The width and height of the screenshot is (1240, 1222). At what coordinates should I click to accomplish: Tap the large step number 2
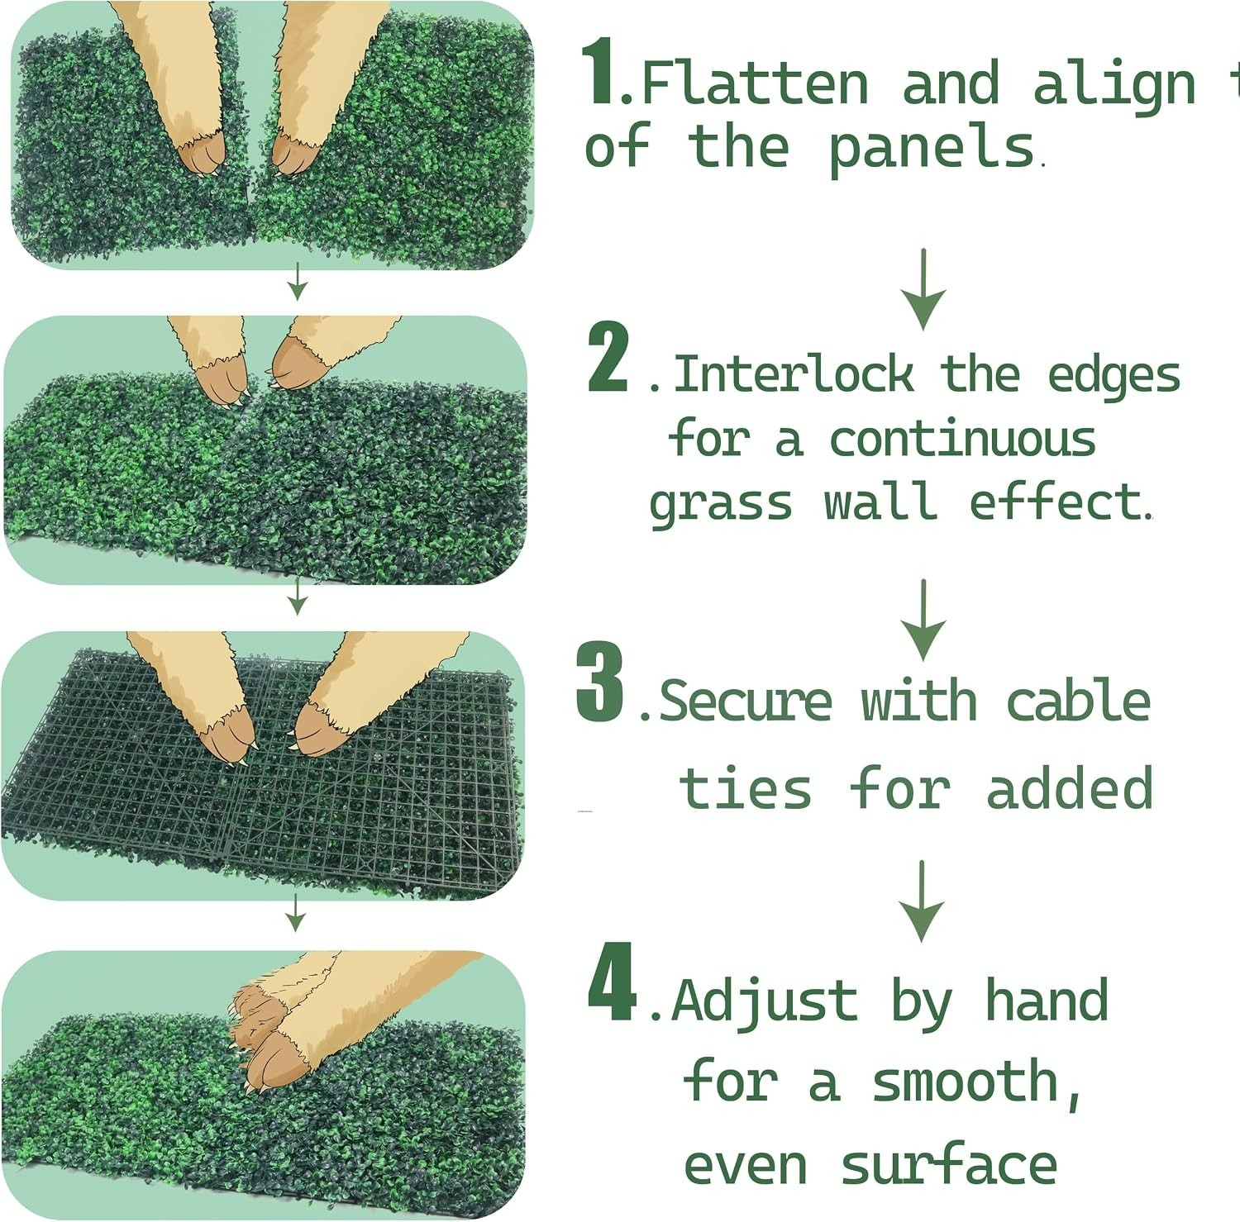pos(608,357)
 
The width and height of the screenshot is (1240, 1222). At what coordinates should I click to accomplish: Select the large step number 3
pos(600,682)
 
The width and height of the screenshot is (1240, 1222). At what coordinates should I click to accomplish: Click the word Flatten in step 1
pos(755,83)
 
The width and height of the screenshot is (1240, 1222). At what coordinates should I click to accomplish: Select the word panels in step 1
pos(932,149)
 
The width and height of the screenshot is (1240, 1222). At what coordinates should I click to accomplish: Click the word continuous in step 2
pos(963,440)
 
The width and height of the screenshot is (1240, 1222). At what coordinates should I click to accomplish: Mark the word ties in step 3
pos(746,788)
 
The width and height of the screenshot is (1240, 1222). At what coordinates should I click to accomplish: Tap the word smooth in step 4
pos(965,1083)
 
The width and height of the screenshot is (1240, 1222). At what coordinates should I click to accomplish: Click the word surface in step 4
pos(949,1164)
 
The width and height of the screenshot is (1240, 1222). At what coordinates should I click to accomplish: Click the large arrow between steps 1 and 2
pos(923,289)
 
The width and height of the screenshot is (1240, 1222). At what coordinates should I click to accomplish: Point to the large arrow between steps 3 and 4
pos(922,901)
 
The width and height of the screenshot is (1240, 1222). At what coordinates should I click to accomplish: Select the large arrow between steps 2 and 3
pos(923,621)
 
